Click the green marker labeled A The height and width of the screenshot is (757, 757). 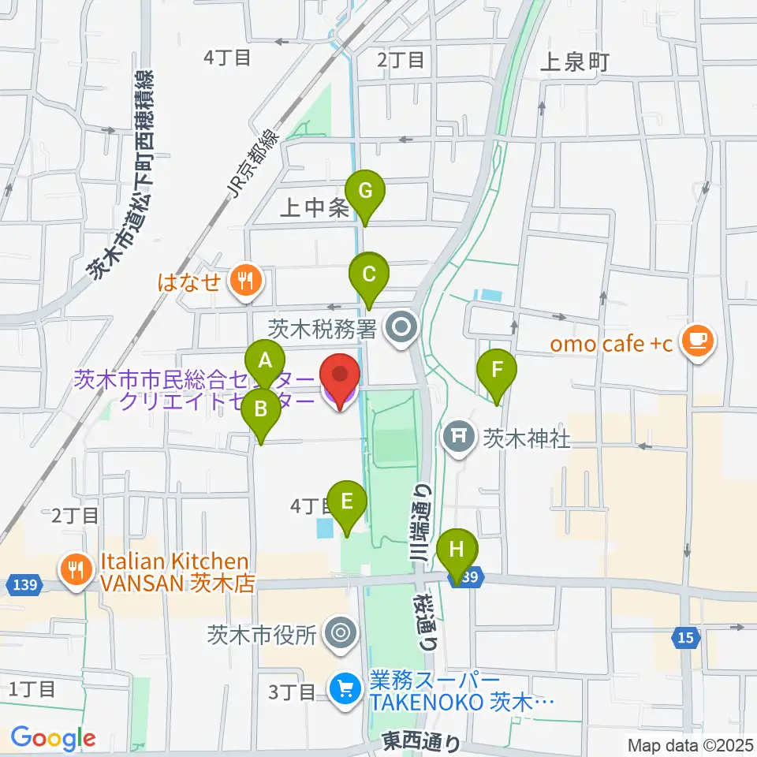(267, 362)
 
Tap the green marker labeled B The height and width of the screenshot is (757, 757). (260, 409)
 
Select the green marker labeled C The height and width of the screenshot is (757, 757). (368, 274)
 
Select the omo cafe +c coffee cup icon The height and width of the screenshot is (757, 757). (698, 339)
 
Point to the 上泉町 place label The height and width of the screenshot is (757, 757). (575, 63)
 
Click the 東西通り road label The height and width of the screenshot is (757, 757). (420, 742)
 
